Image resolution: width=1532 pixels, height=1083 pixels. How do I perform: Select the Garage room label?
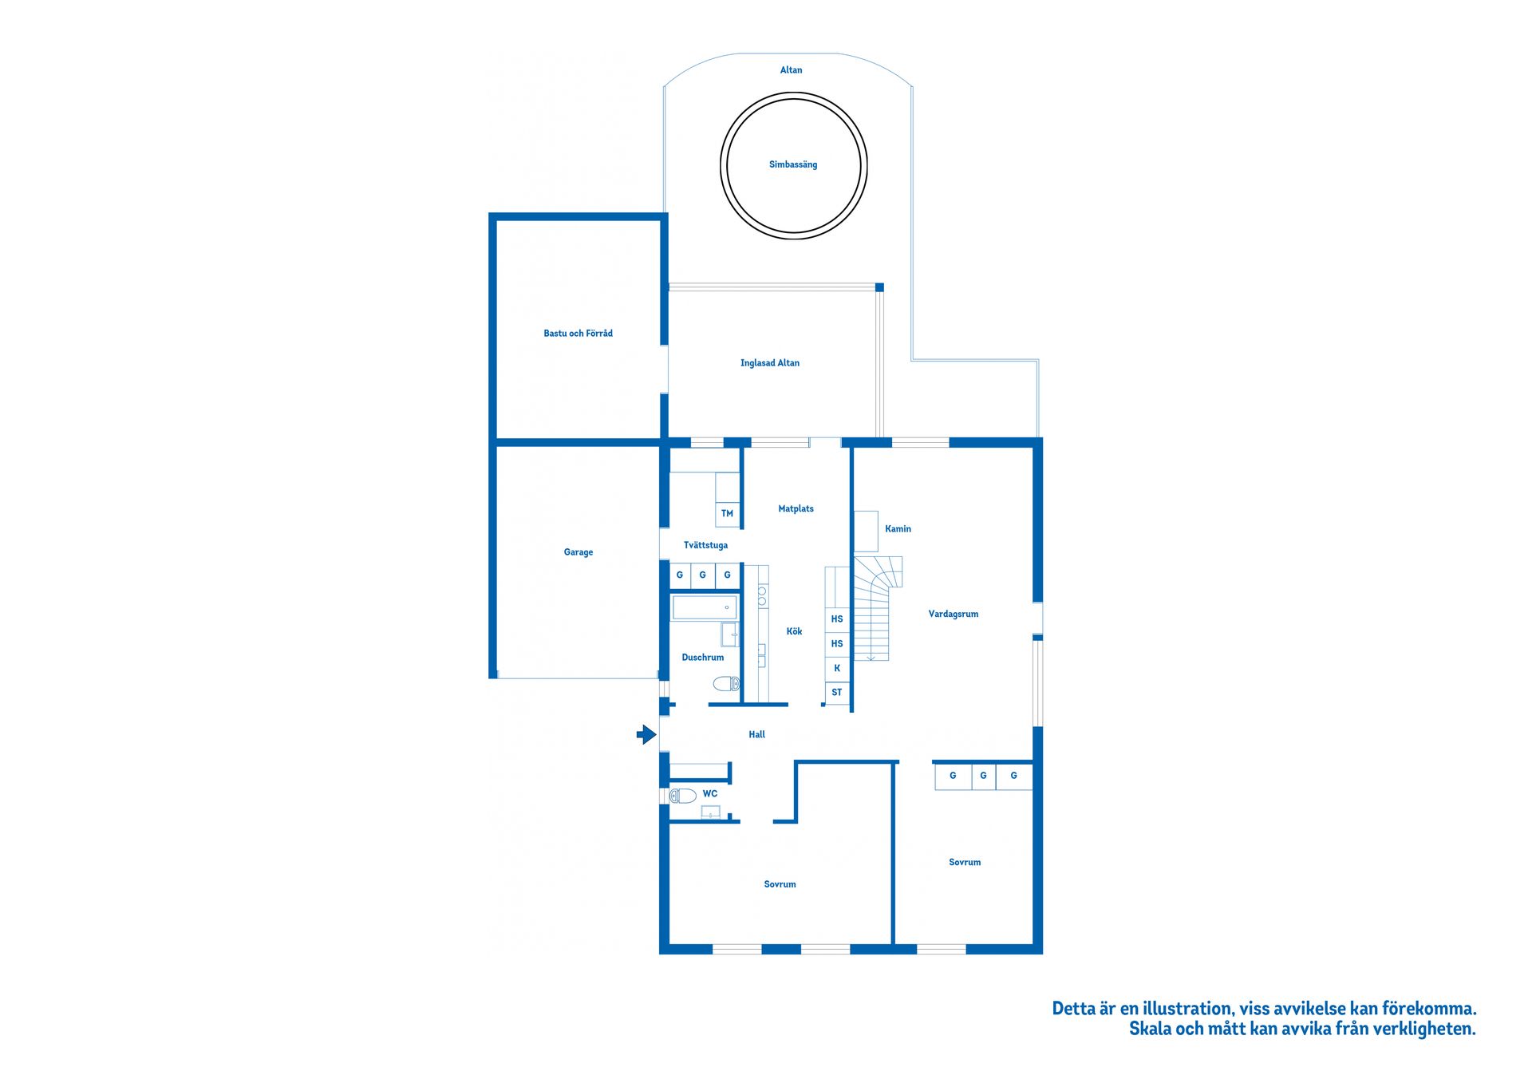(x=578, y=552)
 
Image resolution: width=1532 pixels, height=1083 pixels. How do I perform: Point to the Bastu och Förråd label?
(x=578, y=334)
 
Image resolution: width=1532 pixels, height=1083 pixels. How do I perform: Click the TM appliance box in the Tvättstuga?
(x=727, y=513)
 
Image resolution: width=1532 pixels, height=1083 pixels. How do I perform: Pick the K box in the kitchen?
(x=837, y=668)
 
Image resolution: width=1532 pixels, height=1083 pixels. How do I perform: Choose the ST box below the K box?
(x=837, y=693)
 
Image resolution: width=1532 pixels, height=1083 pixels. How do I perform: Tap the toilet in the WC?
(x=683, y=796)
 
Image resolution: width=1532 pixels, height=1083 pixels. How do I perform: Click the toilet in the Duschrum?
(x=726, y=684)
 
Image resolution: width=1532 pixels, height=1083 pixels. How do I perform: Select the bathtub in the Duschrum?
(x=705, y=607)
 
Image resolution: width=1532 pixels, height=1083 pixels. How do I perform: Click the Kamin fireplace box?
(x=866, y=532)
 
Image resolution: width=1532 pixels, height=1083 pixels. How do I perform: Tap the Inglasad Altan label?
(x=770, y=363)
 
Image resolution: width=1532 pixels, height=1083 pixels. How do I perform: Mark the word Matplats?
(x=796, y=509)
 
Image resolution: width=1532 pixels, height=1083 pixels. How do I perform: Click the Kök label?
(x=795, y=631)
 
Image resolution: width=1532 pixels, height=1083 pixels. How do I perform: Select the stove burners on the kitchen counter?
(x=762, y=595)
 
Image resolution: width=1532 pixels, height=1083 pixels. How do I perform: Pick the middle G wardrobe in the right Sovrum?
(x=984, y=776)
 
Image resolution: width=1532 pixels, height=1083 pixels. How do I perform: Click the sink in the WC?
(x=711, y=812)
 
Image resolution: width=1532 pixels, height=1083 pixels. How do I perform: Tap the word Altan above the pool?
(x=792, y=70)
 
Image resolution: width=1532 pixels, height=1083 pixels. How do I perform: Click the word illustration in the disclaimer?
(x=1187, y=1009)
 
